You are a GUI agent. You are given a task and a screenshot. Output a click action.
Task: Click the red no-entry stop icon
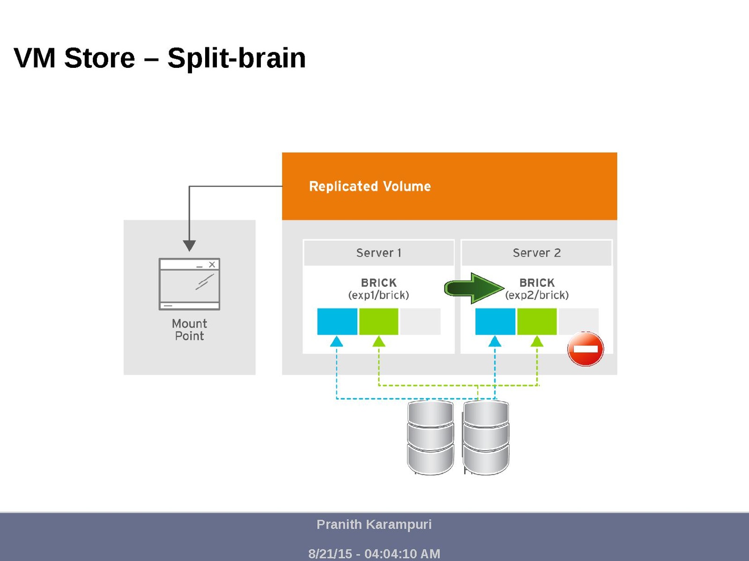[585, 349]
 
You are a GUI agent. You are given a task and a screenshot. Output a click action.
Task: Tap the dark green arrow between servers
[474, 288]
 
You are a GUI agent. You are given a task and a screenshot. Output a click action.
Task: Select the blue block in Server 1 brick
[337, 321]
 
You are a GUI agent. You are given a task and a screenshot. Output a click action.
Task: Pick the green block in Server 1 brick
[378, 321]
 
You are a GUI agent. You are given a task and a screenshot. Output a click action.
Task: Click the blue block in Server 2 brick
[495, 321]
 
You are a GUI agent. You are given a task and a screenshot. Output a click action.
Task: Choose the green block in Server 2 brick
[537, 321]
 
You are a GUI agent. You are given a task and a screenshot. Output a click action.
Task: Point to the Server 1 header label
[378, 253]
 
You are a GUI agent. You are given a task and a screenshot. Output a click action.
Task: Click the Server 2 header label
[537, 253]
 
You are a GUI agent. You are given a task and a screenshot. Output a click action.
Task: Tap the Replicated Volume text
[370, 187]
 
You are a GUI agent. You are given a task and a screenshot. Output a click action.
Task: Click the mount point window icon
[189, 284]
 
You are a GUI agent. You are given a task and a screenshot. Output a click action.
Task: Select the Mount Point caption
[189, 330]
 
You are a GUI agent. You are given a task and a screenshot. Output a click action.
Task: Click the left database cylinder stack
[430, 437]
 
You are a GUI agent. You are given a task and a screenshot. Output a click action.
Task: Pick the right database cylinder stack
[486, 437]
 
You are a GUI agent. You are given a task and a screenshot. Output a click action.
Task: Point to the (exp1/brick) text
[378, 295]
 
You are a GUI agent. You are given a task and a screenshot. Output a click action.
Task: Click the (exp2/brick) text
[537, 295]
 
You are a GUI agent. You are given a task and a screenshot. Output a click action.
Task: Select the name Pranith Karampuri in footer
[374, 525]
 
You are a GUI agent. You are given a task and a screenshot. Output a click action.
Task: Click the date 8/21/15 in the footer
[330, 554]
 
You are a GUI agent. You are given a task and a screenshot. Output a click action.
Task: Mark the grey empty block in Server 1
[420, 321]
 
